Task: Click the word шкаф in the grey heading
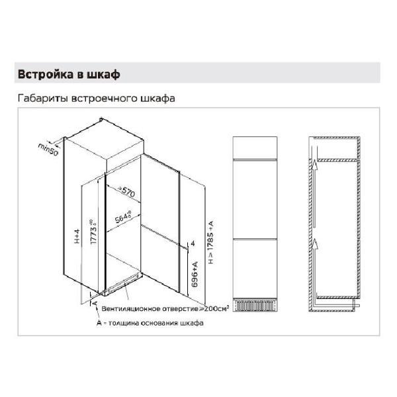(103, 73)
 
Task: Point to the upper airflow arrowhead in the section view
(316, 165)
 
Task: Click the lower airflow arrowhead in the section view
(316, 237)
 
